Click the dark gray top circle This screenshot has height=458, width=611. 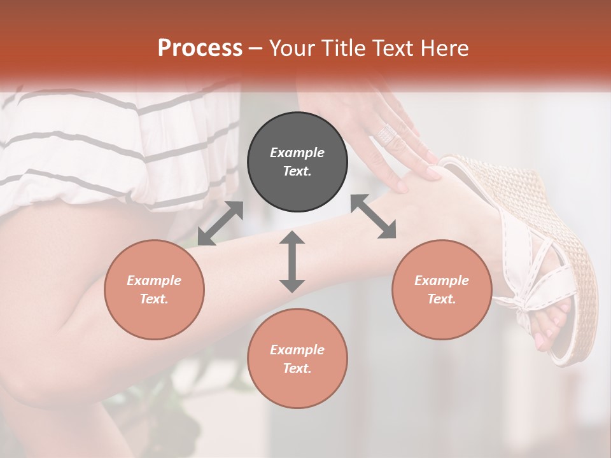(x=297, y=162)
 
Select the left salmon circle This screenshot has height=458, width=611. (x=154, y=289)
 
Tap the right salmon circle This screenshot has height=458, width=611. (x=442, y=289)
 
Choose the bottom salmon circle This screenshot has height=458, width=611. (x=297, y=359)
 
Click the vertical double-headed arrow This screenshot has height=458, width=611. (x=292, y=261)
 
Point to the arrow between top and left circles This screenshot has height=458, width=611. (x=220, y=223)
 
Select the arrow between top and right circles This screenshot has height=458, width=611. (x=373, y=216)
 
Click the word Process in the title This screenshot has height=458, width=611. (x=200, y=48)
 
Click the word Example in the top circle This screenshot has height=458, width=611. (x=297, y=153)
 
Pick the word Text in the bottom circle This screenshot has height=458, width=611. (x=296, y=368)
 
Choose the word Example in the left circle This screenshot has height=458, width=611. (x=154, y=281)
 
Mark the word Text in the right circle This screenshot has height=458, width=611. (x=440, y=299)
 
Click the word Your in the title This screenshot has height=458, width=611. (x=290, y=48)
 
